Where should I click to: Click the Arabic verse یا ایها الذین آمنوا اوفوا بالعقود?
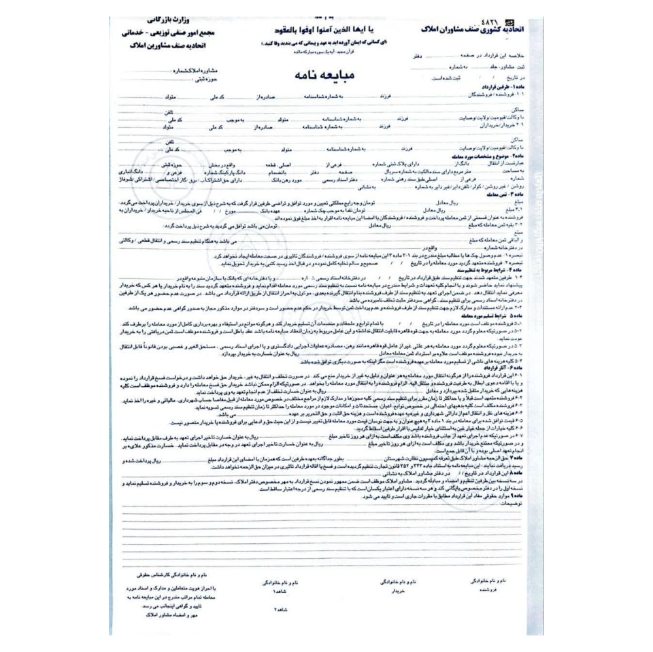coord(320,32)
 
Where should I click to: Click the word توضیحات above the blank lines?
coord(513,504)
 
